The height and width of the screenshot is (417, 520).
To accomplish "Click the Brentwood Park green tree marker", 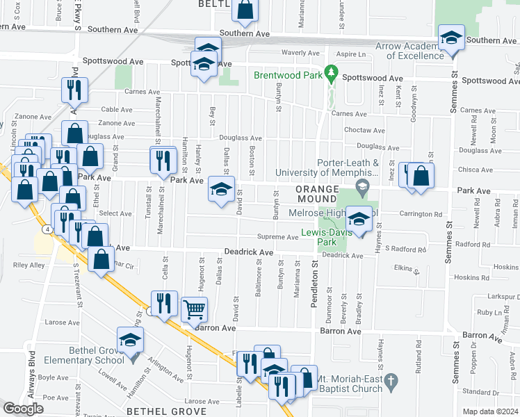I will (x=332, y=72).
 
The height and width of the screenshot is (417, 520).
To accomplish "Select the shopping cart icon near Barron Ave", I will (x=195, y=309).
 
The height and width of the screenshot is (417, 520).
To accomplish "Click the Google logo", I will (x=23, y=409).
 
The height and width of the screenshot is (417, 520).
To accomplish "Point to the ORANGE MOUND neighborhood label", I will (x=320, y=190).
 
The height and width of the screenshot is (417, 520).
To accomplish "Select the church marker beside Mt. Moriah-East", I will (x=392, y=381).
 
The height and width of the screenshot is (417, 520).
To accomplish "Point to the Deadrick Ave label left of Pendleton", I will (x=248, y=252).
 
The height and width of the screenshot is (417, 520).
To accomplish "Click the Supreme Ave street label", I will (x=278, y=237).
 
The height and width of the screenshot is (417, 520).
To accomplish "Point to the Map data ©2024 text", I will (x=490, y=411).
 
